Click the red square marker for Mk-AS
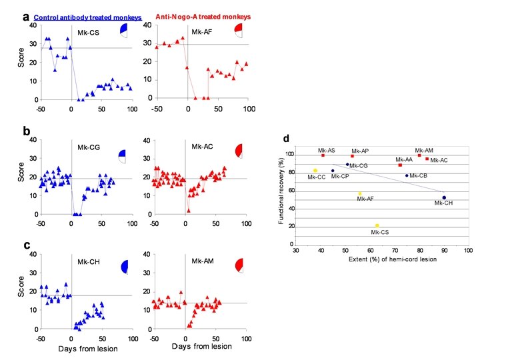(323, 155)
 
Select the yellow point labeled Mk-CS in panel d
(377, 225)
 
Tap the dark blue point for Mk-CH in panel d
(444, 197)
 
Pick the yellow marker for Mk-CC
(315, 170)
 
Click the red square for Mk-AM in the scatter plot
(419, 155)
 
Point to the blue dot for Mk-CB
(406, 175)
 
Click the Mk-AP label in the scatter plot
(360, 151)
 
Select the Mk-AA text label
(404, 160)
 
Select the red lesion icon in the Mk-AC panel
(241, 151)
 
